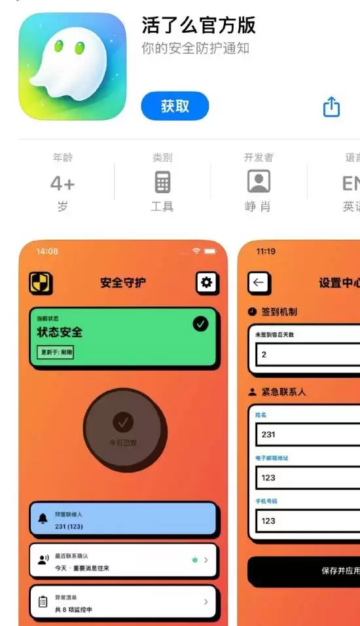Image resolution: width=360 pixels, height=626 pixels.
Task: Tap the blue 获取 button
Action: click(175, 106)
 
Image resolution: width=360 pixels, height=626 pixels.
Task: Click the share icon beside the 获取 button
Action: click(332, 107)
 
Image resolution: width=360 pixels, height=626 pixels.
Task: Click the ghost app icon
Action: click(72, 66)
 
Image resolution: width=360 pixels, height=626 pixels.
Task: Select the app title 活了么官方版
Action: click(198, 26)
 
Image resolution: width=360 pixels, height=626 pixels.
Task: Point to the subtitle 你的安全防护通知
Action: click(195, 48)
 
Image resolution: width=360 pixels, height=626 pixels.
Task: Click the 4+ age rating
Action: click(63, 184)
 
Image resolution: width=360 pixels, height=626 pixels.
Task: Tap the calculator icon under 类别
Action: click(162, 182)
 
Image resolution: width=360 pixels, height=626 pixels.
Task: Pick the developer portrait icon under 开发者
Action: click(259, 181)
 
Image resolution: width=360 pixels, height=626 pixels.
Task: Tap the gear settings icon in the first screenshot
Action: click(207, 283)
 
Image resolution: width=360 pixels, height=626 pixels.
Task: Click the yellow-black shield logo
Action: click(41, 283)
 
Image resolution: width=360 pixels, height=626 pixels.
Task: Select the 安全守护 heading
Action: click(123, 283)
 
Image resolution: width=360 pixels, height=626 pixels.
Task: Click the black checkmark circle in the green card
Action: click(200, 323)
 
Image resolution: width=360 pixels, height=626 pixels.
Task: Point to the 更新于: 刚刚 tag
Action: click(56, 352)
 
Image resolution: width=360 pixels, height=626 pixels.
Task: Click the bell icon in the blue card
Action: click(43, 519)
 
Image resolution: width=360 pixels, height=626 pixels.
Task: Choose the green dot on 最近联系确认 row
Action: click(194, 560)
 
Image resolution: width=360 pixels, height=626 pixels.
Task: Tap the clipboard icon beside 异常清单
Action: click(43, 601)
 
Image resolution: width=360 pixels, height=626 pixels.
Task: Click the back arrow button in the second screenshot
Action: click(259, 283)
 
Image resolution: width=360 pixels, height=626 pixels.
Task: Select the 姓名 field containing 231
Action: click(308, 434)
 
